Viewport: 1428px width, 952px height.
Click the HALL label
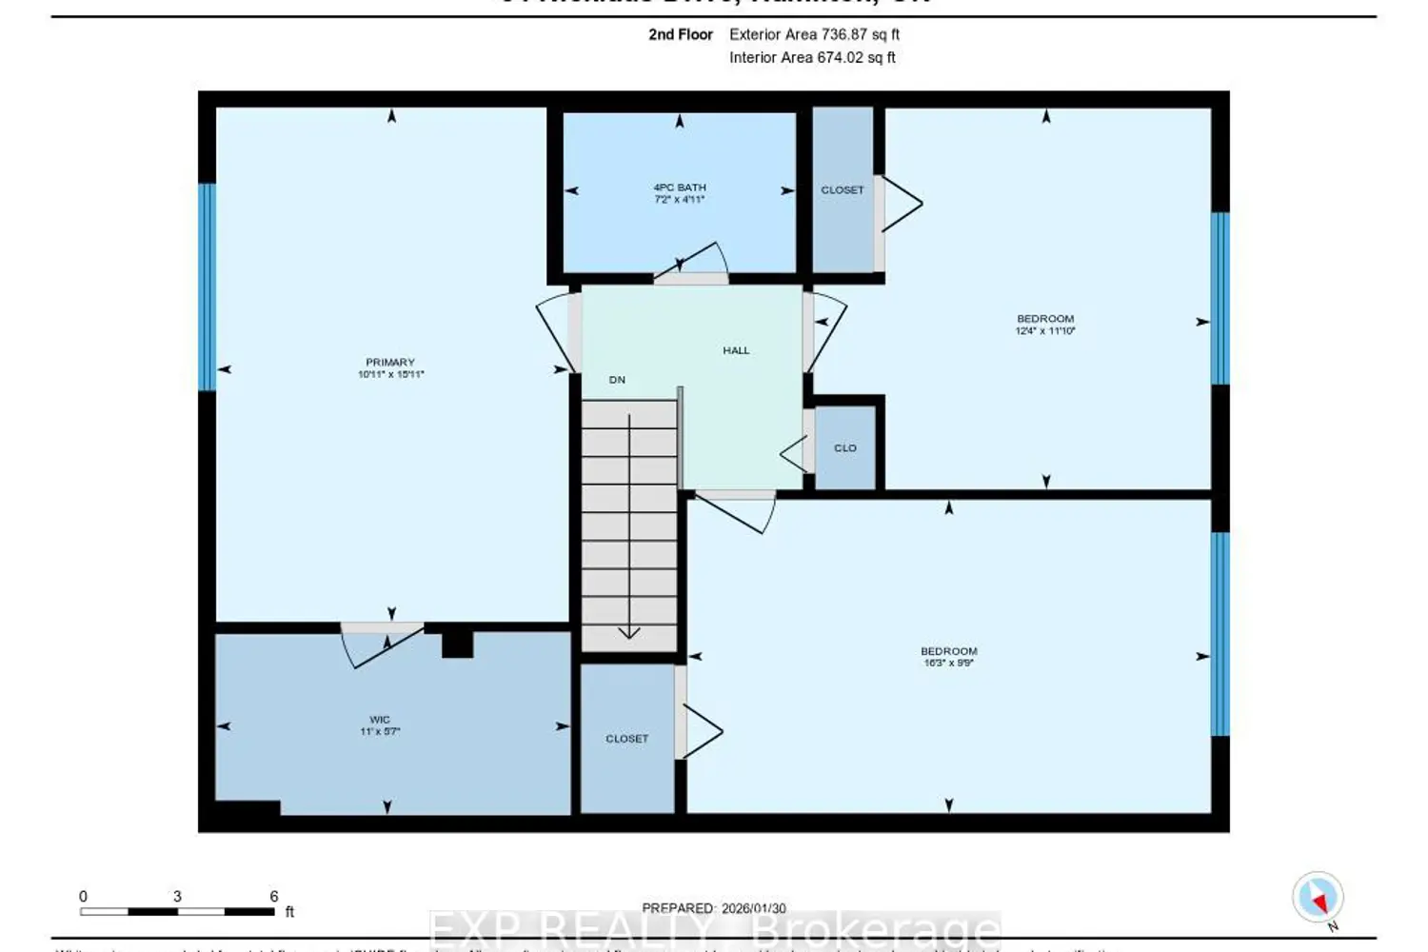(x=736, y=350)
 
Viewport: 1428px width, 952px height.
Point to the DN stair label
(x=617, y=380)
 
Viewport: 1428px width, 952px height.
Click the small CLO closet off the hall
(x=845, y=447)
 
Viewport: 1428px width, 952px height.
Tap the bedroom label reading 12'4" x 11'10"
(x=1045, y=325)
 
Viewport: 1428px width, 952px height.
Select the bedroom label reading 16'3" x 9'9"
(x=949, y=657)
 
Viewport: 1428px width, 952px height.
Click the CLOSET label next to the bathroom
(x=843, y=190)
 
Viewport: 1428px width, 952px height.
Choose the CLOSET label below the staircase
(x=626, y=739)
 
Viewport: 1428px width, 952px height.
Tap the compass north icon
(x=1319, y=898)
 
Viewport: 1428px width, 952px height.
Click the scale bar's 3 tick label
(x=177, y=897)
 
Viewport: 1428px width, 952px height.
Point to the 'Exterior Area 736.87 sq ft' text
(x=814, y=34)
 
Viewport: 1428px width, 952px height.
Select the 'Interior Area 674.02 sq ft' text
(x=812, y=57)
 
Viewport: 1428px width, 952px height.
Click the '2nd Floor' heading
(x=681, y=34)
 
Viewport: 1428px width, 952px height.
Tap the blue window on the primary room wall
(x=207, y=287)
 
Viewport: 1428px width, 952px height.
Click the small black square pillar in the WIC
(x=457, y=645)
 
